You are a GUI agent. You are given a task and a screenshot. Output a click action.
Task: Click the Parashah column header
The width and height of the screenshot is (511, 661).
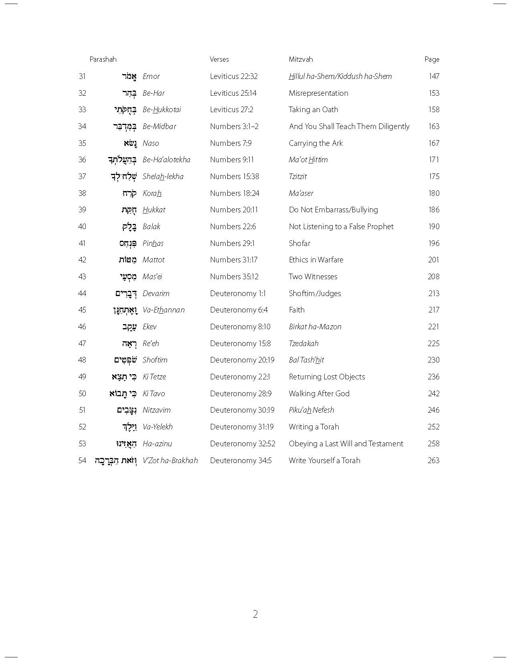coord(103,59)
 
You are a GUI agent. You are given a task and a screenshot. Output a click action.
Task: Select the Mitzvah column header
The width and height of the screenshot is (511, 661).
coord(301,59)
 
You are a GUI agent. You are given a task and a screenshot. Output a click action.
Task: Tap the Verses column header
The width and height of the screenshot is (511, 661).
coord(219,59)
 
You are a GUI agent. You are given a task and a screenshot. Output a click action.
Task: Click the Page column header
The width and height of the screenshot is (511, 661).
coord(432,59)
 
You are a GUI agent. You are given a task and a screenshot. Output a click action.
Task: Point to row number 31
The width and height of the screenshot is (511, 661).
coord(82,76)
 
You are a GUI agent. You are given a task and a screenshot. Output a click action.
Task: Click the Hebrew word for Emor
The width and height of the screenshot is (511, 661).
coord(129,76)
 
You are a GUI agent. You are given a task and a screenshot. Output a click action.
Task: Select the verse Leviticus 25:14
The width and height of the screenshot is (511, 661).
coord(233,93)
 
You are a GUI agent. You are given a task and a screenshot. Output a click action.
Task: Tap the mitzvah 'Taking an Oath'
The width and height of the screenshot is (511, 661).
coord(313,109)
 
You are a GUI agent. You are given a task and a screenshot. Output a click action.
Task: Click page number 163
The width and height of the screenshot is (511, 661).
coord(434,126)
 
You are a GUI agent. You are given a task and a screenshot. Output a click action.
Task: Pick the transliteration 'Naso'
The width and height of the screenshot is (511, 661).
coord(151,143)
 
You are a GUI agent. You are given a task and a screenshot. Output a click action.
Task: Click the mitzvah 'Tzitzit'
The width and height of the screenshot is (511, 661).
coord(298,176)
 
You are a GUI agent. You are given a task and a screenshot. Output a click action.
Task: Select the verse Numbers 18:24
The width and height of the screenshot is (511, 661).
coord(234,193)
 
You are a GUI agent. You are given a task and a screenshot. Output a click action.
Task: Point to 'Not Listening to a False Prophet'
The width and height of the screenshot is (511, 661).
coord(341,226)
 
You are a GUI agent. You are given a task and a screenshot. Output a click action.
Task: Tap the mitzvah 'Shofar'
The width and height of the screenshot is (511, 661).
coord(299,243)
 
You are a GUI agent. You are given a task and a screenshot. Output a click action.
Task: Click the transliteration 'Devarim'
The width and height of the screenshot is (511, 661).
coord(156,293)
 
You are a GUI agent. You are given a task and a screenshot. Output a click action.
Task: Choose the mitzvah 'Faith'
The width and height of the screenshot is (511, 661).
coord(297,310)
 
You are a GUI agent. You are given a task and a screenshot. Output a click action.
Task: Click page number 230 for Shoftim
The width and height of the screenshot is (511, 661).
coord(434,360)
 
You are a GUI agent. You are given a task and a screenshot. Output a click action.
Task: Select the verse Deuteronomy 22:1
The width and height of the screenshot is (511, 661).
coord(240,377)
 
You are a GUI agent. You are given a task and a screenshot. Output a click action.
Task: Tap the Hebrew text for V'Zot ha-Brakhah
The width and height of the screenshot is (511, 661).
coord(116,460)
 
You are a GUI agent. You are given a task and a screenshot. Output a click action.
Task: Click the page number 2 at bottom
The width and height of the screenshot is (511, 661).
coord(255,614)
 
